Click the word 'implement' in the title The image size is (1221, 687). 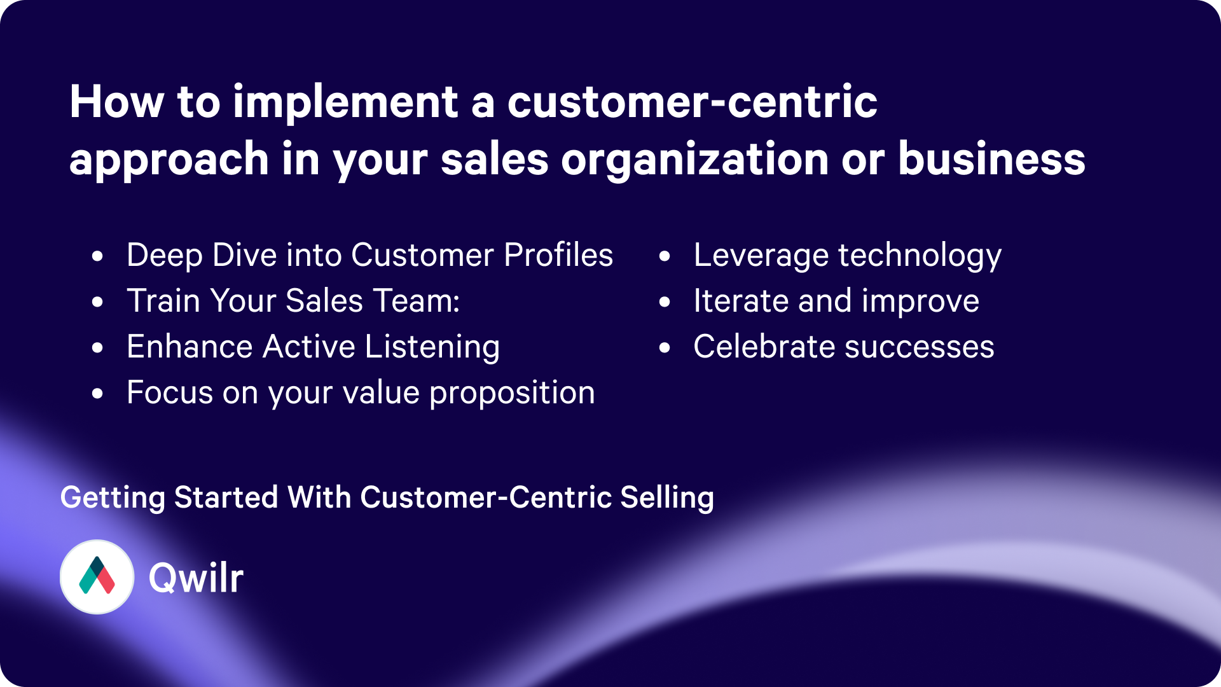(x=345, y=103)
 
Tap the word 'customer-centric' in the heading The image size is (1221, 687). (x=692, y=102)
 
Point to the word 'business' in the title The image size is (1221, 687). (x=991, y=158)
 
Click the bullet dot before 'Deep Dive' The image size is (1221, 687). (x=97, y=256)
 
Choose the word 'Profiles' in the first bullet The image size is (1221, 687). (x=558, y=255)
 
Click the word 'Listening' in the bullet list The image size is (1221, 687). (x=432, y=348)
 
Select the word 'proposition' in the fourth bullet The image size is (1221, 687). (x=512, y=394)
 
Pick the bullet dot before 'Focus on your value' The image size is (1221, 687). (x=97, y=393)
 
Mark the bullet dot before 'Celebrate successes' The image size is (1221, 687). (x=665, y=347)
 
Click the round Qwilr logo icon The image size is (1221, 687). (x=97, y=577)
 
